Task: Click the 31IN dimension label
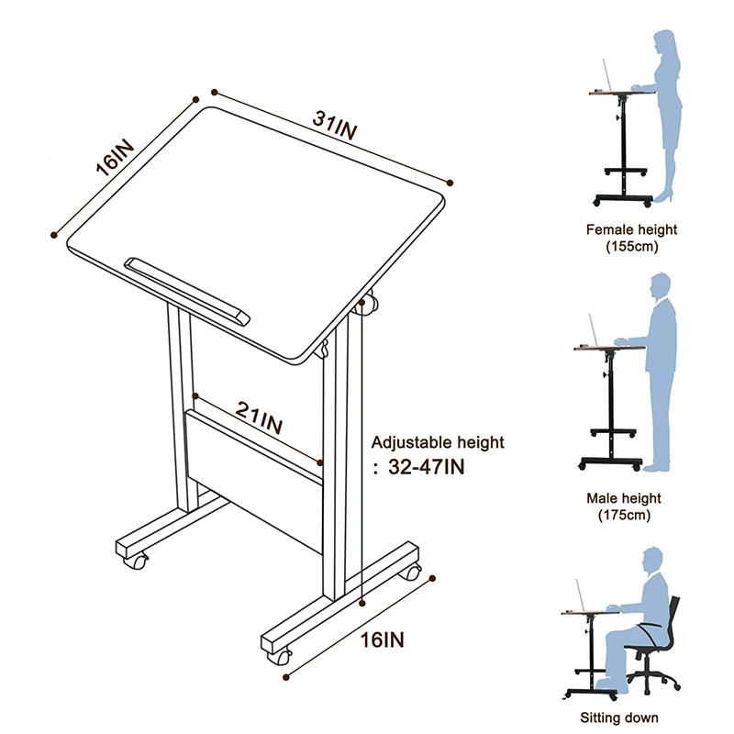click(334, 124)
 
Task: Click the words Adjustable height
click(439, 442)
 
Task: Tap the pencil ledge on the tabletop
click(188, 287)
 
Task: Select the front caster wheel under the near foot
click(278, 655)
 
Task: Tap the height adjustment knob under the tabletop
click(370, 306)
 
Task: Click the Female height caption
click(631, 230)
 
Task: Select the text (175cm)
click(631, 515)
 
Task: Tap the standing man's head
click(663, 284)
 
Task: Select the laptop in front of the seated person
click(581, 595)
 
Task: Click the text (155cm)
click(631, 246)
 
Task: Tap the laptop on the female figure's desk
click(606, 74)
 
